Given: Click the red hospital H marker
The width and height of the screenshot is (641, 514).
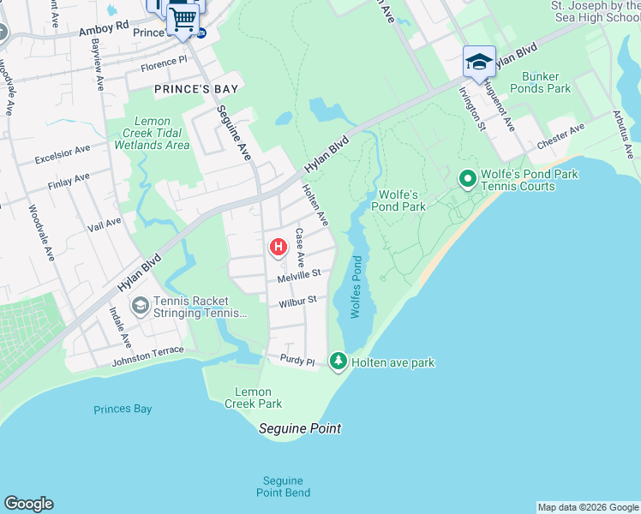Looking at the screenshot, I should (278, 248).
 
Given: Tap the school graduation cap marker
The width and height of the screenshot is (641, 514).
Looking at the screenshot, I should (479, 62).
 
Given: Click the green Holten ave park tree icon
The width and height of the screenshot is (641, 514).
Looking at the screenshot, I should (338, 362).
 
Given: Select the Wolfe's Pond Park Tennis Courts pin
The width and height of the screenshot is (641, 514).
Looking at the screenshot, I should (467, 179).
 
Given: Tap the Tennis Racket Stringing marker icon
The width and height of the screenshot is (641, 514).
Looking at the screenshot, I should (139, 306).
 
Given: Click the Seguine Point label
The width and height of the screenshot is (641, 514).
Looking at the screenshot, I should (300, 428).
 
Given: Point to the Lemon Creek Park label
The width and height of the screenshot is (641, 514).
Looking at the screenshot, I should (253, 397).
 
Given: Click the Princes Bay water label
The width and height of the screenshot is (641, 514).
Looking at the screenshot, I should (123, 409).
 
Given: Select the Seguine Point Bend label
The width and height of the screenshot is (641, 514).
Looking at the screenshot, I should (283, 487).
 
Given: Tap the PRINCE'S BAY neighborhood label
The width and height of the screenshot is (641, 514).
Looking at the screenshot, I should (195, 88).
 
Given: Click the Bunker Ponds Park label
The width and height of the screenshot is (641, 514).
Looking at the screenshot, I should (540, 82).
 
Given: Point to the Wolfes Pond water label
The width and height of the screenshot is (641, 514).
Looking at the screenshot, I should (356, 287).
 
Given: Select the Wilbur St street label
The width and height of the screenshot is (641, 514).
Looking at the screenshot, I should (297, 302).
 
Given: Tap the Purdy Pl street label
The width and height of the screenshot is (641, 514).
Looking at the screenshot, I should (298, 361).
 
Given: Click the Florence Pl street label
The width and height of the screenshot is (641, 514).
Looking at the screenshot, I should (163, 63).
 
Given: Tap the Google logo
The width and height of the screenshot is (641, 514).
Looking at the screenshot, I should (28, 504).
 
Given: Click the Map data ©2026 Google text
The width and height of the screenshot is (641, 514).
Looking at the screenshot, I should (587, 507).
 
